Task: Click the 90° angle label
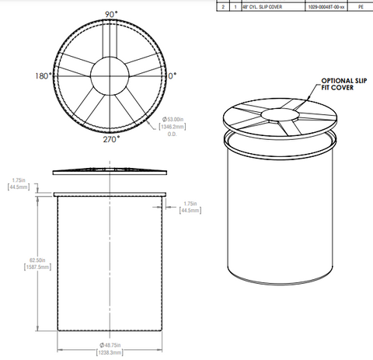point(111,15)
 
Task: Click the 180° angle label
point(43,76)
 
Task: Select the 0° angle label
point(172,76)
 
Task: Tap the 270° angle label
point(109,140)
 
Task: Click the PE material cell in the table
point(360,5)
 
